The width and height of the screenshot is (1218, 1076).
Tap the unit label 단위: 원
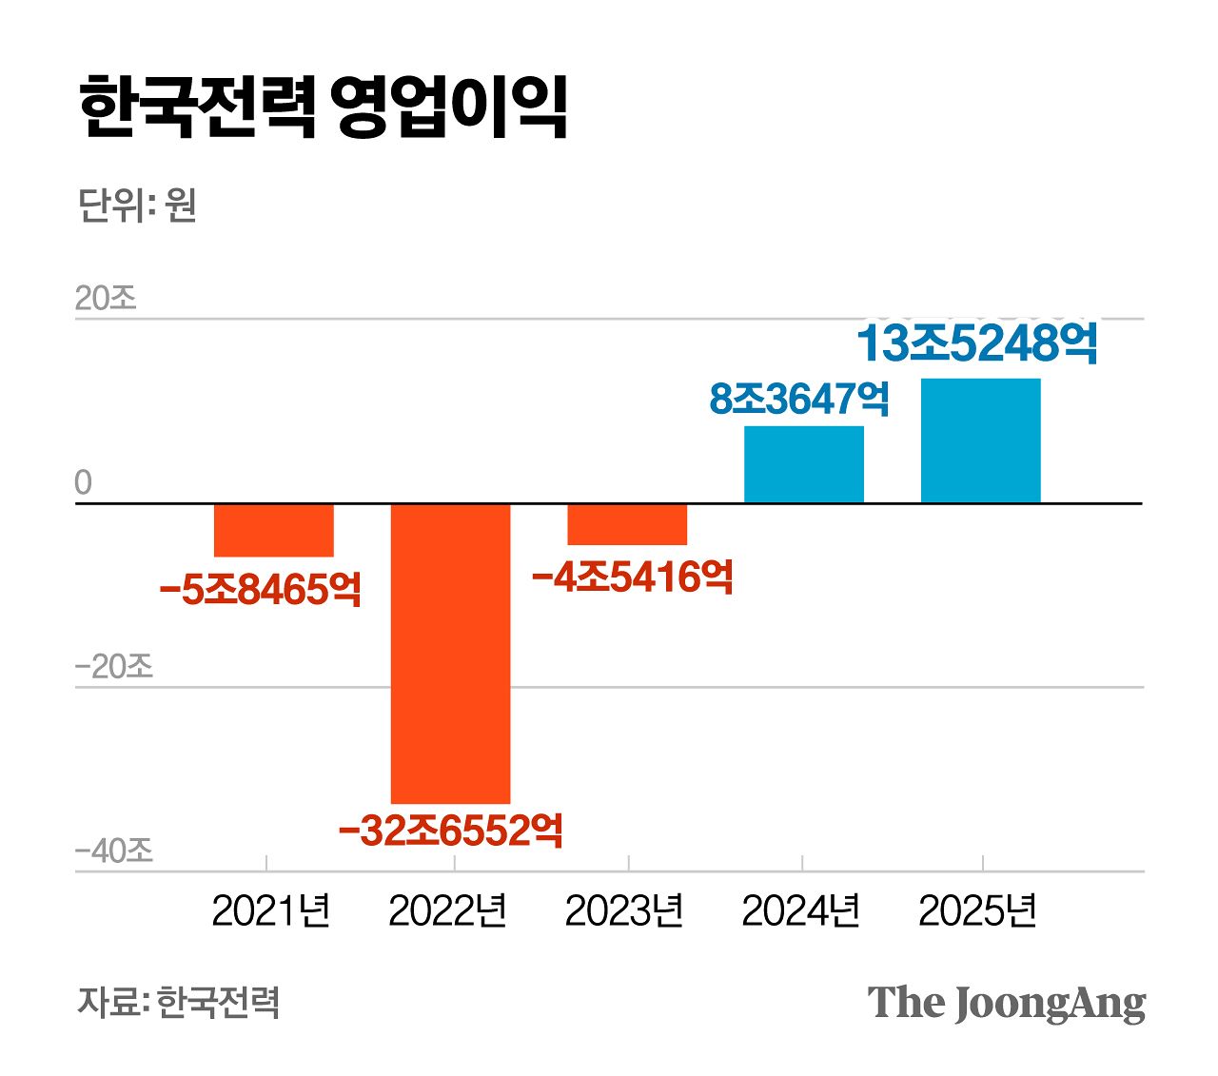(137, 205)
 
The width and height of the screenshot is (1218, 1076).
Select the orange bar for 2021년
(274, 530)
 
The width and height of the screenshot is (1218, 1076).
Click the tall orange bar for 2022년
(450, 653)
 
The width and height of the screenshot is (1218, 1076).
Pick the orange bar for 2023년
(627, 524)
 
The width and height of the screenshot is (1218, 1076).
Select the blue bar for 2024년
(804, 464)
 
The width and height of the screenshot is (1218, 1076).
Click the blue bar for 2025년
(980, 440)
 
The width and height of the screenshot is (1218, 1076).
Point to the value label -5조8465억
(261, 590)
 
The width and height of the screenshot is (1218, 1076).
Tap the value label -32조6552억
(450, 831)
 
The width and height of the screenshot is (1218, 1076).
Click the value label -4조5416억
(632, 577)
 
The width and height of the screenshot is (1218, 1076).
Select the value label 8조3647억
(799, 399)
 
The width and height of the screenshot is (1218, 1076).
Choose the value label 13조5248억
(977, 344)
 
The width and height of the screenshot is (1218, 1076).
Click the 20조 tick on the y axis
(106, 299)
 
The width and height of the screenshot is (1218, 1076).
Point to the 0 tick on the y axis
(84, 483)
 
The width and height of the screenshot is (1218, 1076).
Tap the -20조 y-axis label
(113, 666)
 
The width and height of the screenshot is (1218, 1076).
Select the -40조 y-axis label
(113, 851)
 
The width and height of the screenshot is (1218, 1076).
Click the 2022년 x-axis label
(447, 911)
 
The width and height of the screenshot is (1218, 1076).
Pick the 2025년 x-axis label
(977, 911)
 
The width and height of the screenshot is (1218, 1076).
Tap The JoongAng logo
(1006, 1004)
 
